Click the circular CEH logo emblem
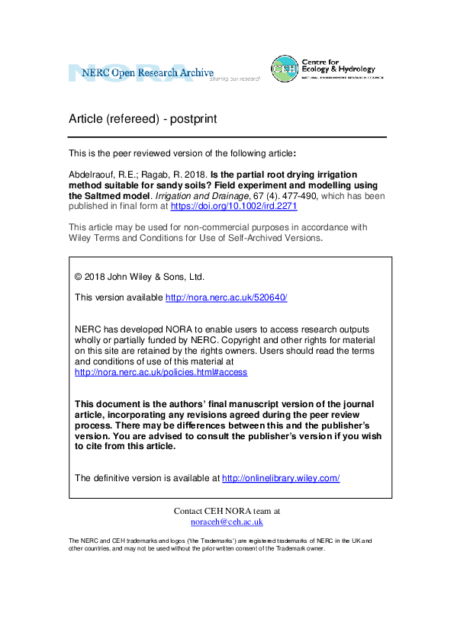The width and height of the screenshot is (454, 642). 285,69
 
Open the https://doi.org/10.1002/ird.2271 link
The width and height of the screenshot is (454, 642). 244,206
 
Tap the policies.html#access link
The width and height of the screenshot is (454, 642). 160,372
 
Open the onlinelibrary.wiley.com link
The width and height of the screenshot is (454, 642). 280,478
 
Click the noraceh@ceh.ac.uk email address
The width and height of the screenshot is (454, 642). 227,522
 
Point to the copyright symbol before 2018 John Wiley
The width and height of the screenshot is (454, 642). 78,277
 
